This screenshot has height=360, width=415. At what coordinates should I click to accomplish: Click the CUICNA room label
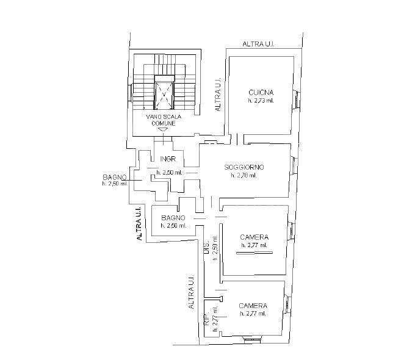(261, 92)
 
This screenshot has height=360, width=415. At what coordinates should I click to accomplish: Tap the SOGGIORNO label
(244, 167)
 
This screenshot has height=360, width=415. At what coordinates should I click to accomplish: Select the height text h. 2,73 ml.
(261, 101)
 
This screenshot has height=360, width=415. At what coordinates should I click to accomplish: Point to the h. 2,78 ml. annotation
(244, 175)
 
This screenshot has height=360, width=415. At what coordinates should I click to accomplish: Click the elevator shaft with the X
(164, 95)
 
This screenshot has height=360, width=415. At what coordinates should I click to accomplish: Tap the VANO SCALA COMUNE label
(164, 120)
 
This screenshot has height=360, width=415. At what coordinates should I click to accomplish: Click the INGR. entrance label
(168, 159)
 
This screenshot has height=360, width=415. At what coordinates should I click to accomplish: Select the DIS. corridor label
(206, 248)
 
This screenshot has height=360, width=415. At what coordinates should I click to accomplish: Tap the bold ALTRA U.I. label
(139, 223)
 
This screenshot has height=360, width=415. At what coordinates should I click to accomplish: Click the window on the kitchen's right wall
(297, 100)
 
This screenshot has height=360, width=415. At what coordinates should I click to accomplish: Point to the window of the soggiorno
(294, 165)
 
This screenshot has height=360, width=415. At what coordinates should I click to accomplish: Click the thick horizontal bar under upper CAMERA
(254, 253)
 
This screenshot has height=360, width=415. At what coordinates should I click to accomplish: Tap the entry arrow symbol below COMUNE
(164, 129)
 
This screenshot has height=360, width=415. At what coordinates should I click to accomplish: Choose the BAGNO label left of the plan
(115, 177)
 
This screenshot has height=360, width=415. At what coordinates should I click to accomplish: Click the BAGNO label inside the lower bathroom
(173, 218)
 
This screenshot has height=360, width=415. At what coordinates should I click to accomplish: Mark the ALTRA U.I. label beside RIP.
(191, 292)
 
